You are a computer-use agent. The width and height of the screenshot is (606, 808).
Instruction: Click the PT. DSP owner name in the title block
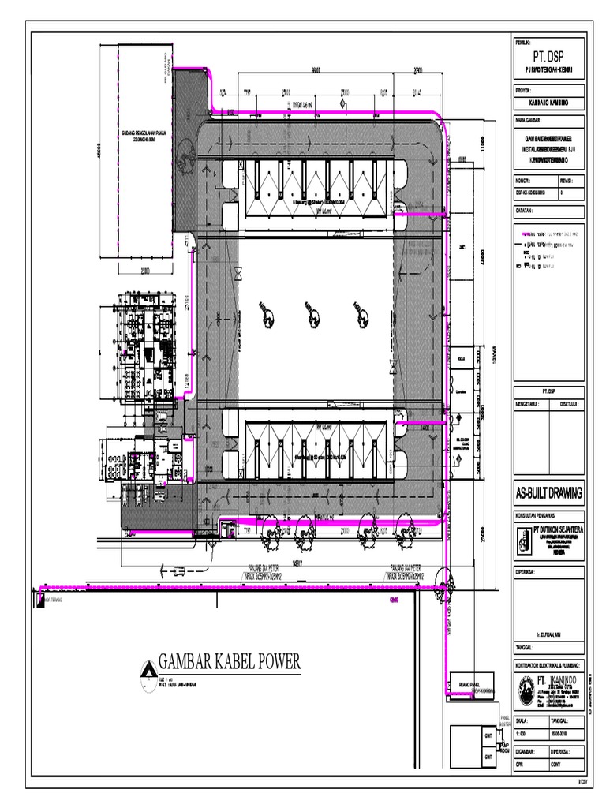tap(548, 58)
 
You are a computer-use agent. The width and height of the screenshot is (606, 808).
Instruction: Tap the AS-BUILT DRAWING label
tap(548, 493)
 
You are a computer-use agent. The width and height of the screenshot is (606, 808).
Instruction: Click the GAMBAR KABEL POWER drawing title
tap(230, 662)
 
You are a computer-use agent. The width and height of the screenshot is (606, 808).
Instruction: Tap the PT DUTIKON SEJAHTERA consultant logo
tap(523, 541)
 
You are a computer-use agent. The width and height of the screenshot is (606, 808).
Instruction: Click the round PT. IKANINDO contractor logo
tap(526, 692)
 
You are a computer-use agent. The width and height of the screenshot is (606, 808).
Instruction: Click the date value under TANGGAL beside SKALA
tap(570, 735)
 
